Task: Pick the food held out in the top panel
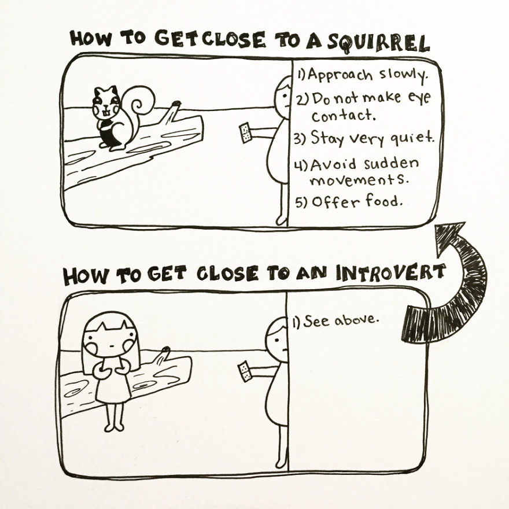point(245,132)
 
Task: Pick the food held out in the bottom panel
point(245,371)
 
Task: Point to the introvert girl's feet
point(113,427)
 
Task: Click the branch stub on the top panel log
point(172,110)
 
